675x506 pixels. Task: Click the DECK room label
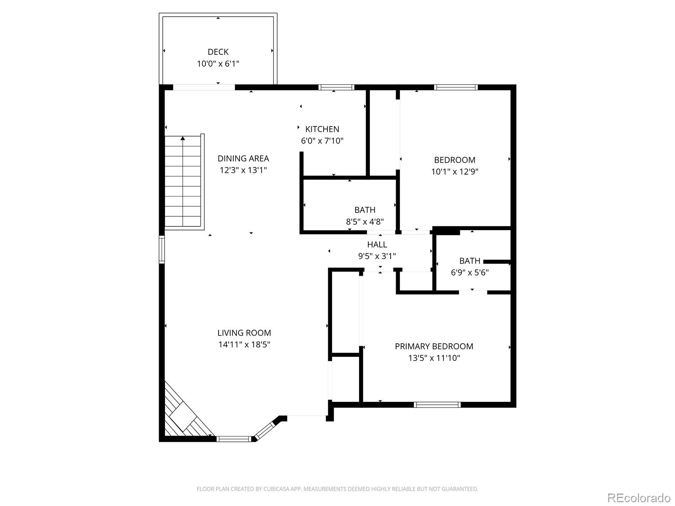pos(218,52)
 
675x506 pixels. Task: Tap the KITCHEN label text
pos(322,129)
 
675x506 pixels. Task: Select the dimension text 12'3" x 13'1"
pos(243,170)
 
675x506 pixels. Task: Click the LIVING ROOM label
pos(244,333)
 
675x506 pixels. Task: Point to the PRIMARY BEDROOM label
pos(434,346)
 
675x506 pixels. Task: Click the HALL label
pos(377,245)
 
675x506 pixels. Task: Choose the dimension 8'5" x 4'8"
pos(364,222)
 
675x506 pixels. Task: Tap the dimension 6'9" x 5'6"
pos(470,272)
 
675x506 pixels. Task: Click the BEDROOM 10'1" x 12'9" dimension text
pos(454,172)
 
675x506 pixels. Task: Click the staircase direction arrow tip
pos(183,138)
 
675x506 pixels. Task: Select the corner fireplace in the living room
pos(182,415)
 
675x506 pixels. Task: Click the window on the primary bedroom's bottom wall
pos(437,405)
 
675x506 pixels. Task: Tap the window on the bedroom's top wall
pos(456,87)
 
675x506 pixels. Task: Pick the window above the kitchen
pos(336,87)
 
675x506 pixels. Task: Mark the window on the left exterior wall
pos(162,250)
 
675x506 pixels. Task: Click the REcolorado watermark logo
pos(639,498)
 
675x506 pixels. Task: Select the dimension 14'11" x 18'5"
pos(244,345)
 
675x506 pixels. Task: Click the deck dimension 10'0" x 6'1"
pos(218,64)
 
